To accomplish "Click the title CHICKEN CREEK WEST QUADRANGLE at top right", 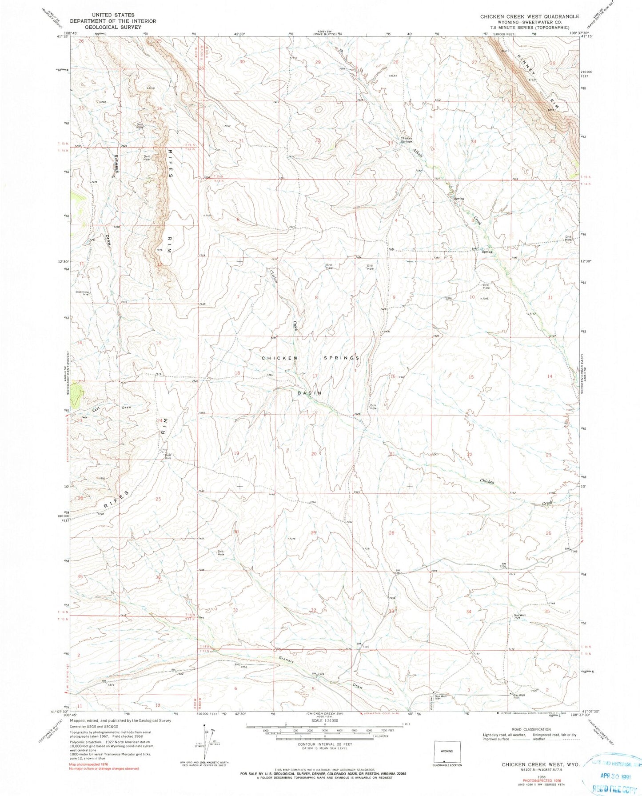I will click(x=529, y=16).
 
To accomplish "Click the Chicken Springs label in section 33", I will click(x=407, y=140).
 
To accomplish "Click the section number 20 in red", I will click(x=314, y=454).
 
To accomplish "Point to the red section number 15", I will click(x=471, y=377).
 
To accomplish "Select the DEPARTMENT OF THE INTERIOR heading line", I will click(x=105, y=21).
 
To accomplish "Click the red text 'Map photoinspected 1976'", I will click(x=96, y=764).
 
